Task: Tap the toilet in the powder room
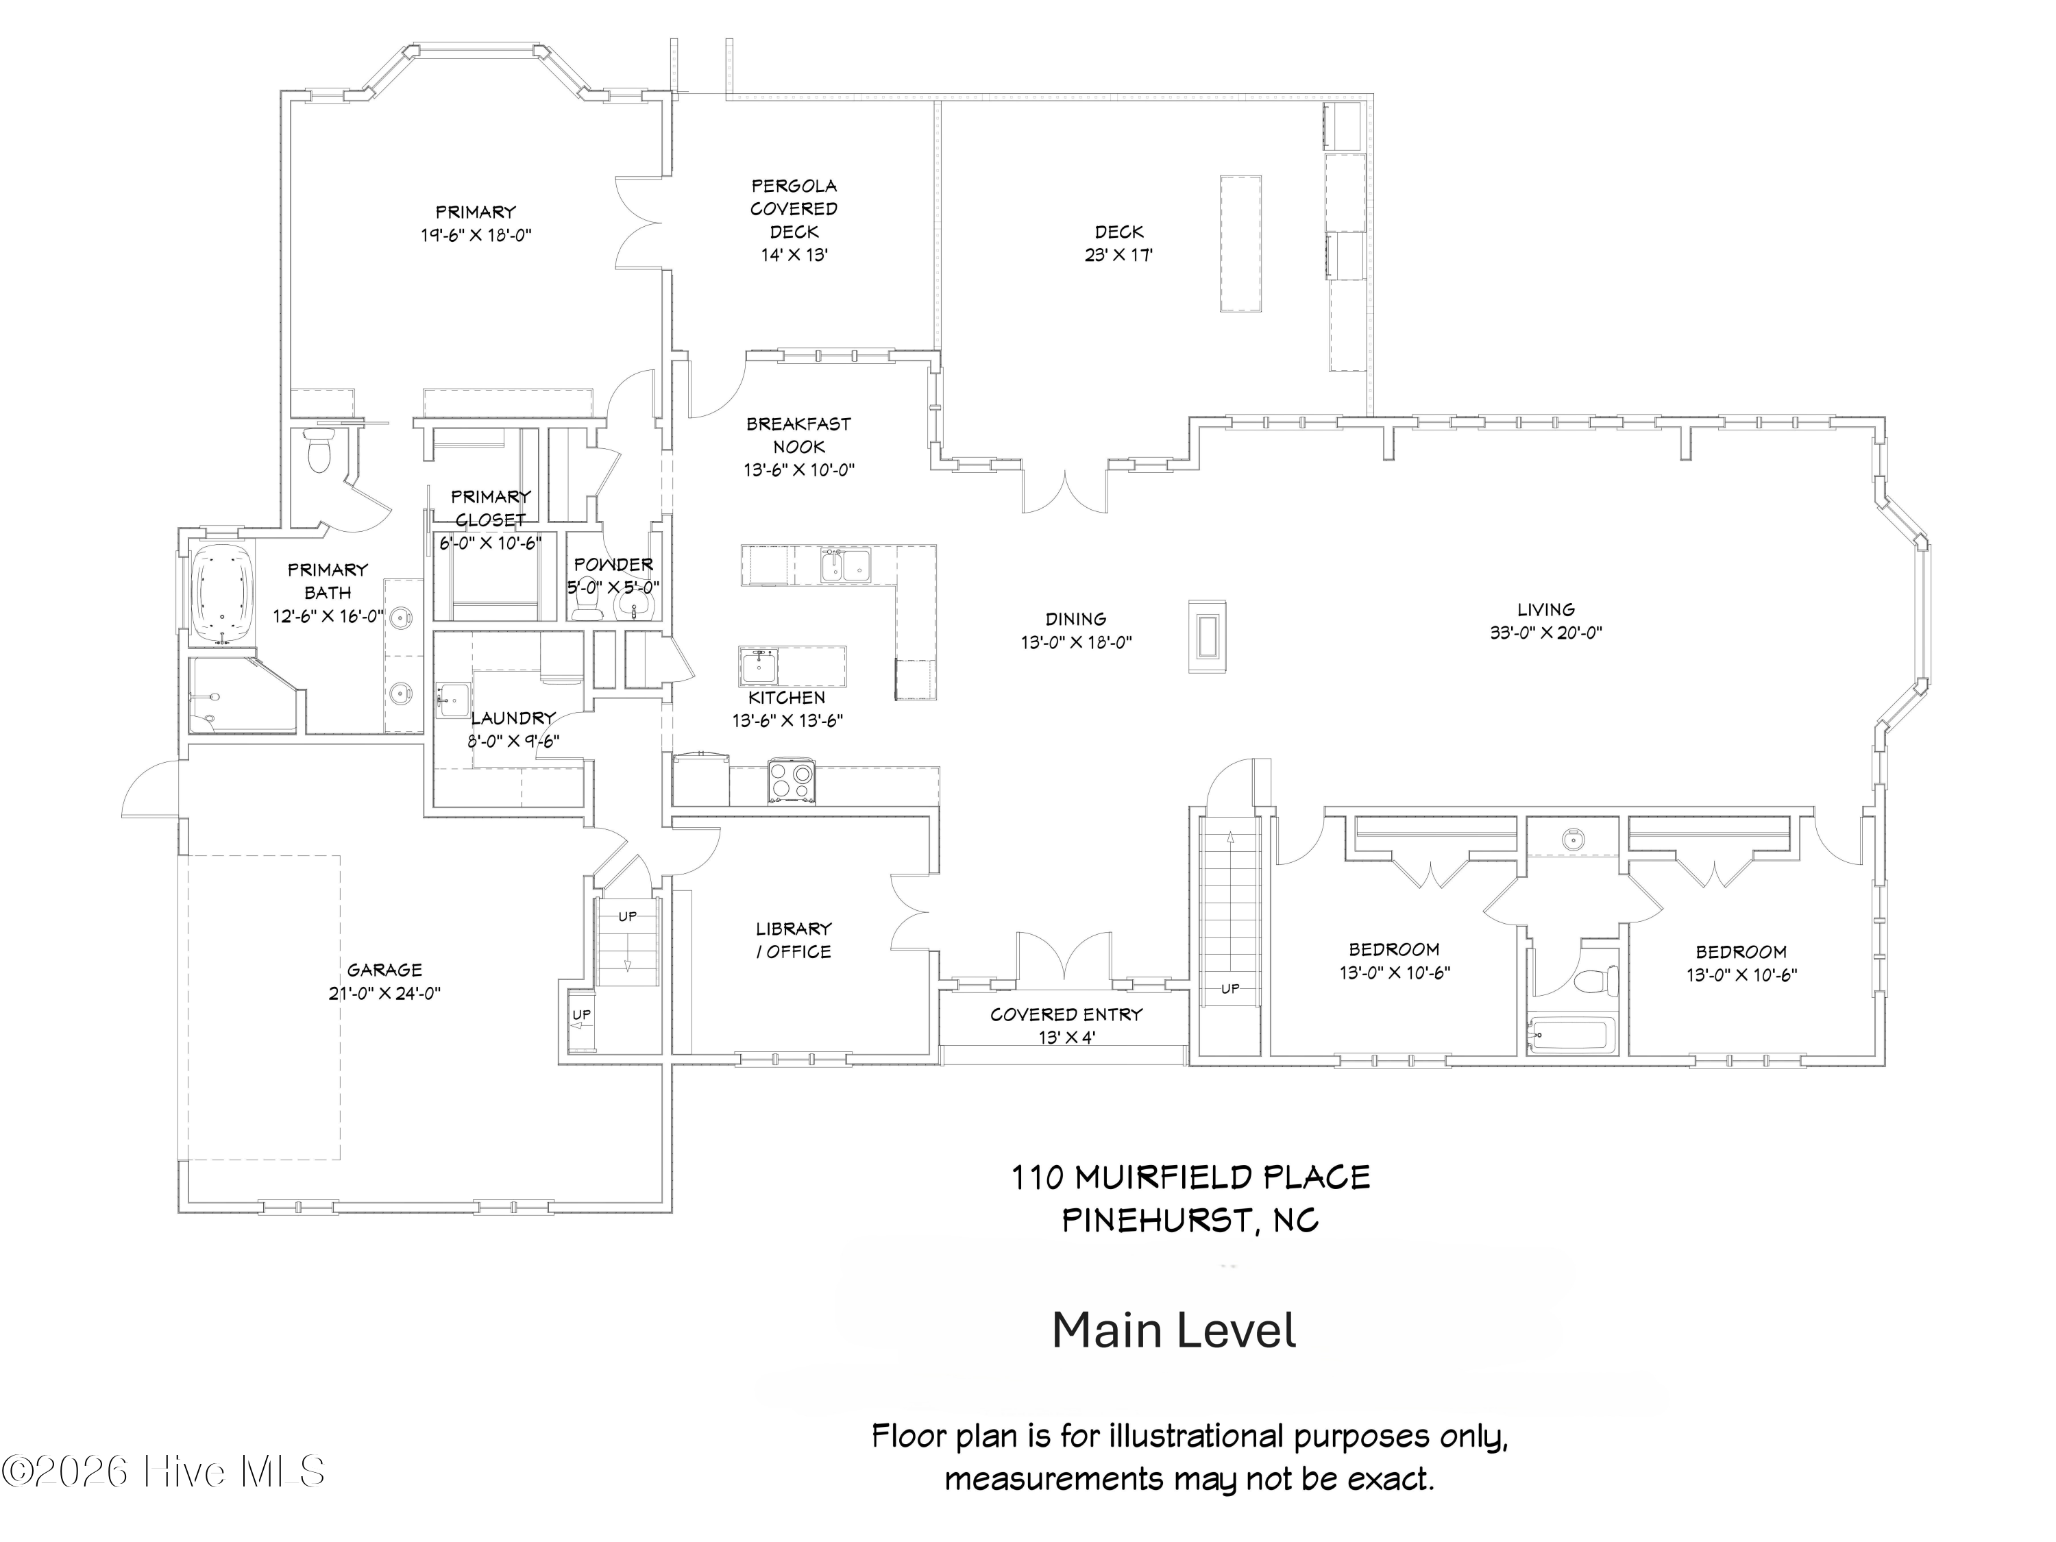585,606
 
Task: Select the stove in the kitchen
791,780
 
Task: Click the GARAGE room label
384,970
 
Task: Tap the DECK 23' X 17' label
1118,243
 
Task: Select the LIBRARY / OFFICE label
793,940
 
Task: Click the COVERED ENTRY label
1066,1014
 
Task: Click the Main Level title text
1174,1330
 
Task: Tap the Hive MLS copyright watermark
164,1471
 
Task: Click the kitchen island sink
759,665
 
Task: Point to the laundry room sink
452,700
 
